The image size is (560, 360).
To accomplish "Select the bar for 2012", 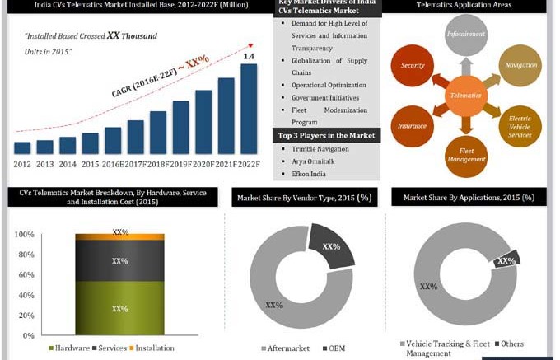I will click(23, 147).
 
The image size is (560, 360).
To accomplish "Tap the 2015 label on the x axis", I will click(91, 163).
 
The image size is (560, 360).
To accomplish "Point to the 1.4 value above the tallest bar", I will click(248, 56).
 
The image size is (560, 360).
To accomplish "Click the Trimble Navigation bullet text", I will click(320, 148).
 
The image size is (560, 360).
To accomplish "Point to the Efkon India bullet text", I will click(309, 174).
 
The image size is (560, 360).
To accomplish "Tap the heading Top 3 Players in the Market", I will click(327, 134).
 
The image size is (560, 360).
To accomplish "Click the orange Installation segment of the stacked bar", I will click(119, 236).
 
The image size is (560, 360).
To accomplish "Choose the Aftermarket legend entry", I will click(287, 348).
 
